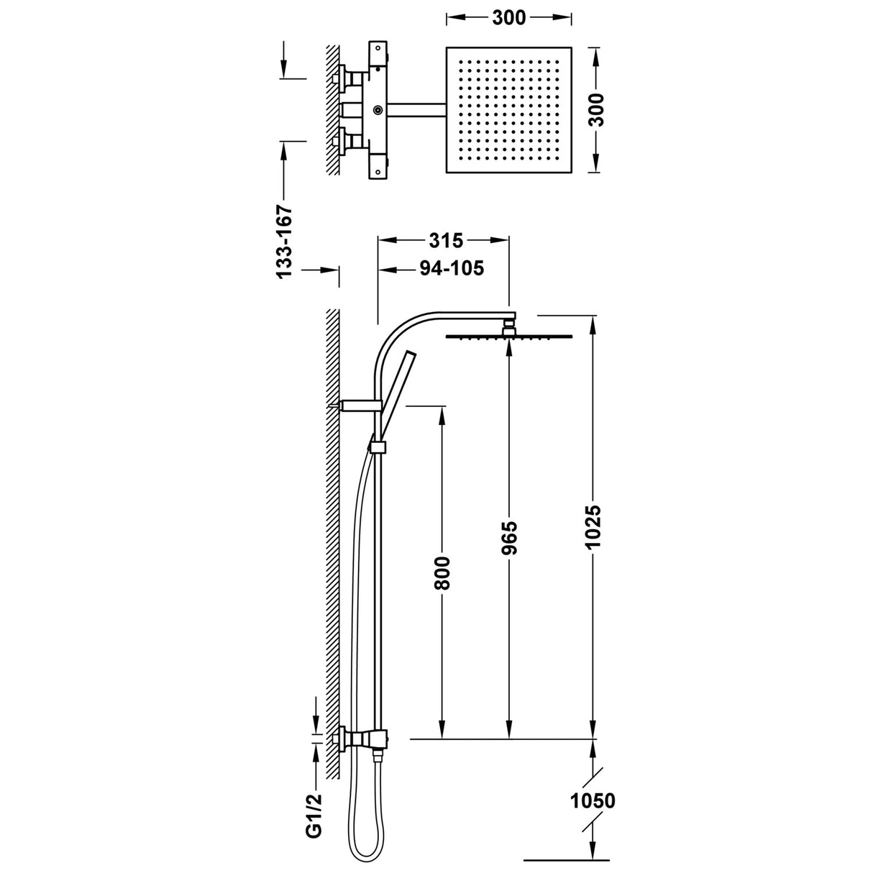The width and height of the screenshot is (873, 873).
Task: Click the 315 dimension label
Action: click(444, 240)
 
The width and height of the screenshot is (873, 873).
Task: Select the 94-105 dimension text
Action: click(451, 269)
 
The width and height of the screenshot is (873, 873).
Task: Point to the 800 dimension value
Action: click(442, 572)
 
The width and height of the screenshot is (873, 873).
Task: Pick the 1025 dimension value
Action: click(593, 527)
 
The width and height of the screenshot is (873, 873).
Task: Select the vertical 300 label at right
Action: click(596, 110)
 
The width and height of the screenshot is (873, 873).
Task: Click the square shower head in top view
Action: click(510, 110)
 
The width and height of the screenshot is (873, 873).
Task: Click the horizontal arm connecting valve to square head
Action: click(416, 110)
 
